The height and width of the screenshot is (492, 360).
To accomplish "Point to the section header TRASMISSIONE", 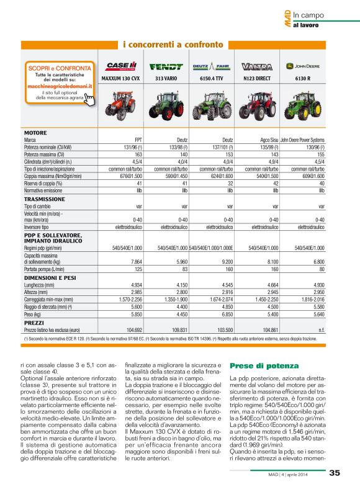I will pyautogui.click(x=44, y=199).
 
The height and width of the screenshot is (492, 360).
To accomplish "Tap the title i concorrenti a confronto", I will pyautogui.click(x=173, y=45).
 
